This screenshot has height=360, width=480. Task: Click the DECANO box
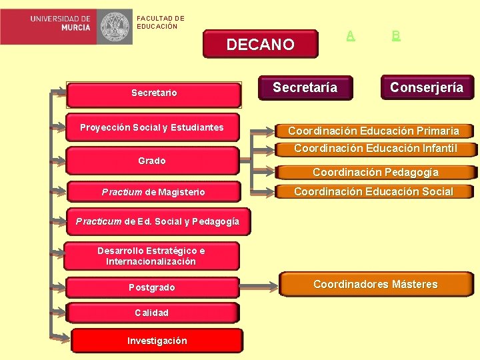click(260, 45)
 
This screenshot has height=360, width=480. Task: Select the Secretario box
click(154, 94)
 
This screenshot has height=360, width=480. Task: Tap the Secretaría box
click(305, 87)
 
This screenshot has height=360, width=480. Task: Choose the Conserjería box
click(427, 87)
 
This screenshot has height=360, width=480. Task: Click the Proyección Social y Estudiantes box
click(152, 128)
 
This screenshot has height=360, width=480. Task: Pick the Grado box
click(152, 161)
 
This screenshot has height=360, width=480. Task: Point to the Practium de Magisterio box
click(153, 192)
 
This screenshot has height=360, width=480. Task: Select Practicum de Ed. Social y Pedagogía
click(157, 221)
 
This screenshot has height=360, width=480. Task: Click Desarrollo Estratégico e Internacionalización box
click(151, 256)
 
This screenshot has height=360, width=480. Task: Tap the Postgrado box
click(152, 287)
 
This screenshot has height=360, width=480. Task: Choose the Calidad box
click(152, 313)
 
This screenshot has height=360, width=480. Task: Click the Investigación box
click(157, 341)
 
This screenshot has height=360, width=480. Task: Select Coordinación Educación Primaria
click(373, 131)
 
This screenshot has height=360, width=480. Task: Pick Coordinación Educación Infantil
click(375, 148)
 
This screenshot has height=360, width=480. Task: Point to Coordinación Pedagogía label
click(375, 172)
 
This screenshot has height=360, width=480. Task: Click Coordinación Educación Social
click(373, 192)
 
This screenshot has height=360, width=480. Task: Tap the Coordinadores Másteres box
click(375, 285)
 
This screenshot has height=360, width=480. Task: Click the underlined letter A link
click(351, 35)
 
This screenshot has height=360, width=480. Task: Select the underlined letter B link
click(396, 35)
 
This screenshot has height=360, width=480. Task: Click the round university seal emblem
click(116, 27)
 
